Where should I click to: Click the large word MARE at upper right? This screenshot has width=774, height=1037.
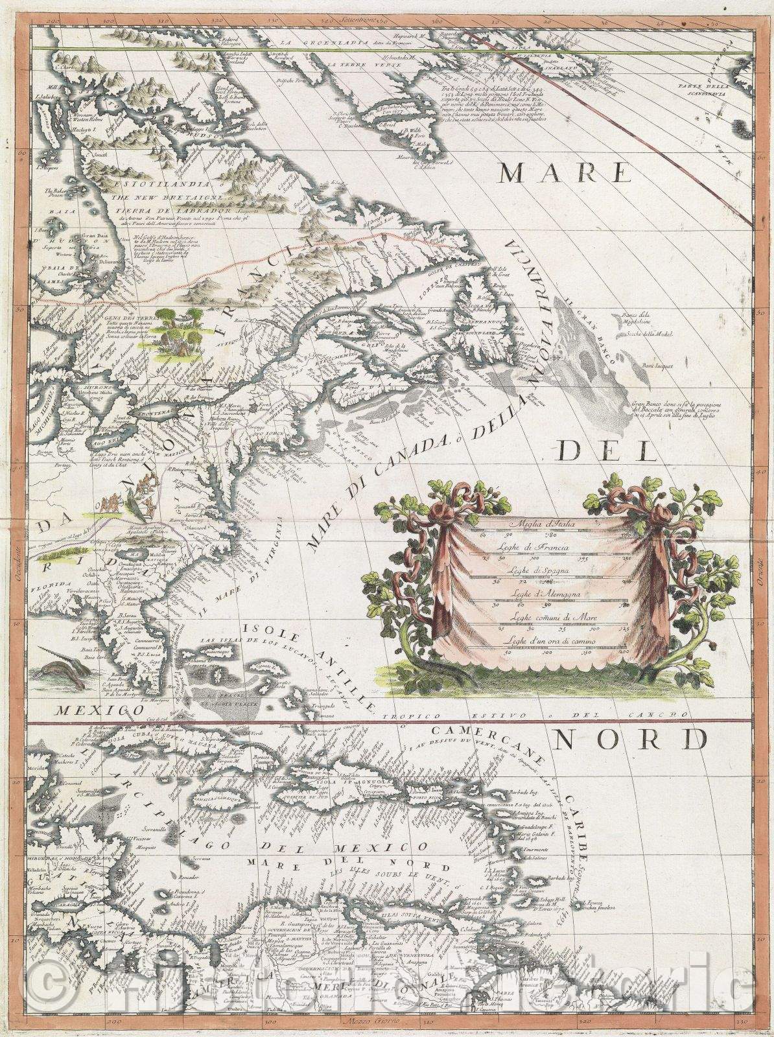coord(567,174)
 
